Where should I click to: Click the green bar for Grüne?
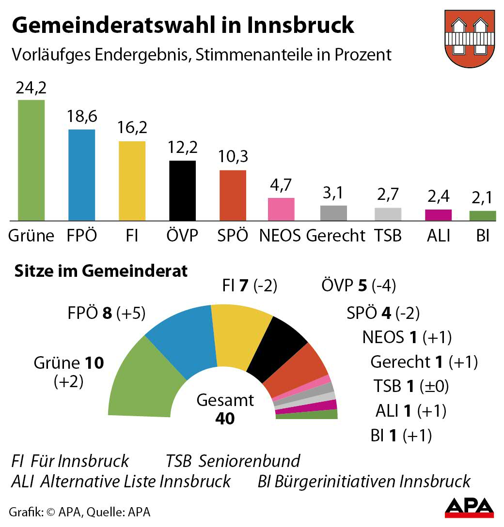click(x=31, y=160)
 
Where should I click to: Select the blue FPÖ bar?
click(x=81, y=175)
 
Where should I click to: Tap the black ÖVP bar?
click(x=182, y=190)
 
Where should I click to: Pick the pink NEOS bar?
click(x=281, y=209)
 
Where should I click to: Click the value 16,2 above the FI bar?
click(x=132, y=128)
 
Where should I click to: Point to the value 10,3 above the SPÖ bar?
click(x=233, y=157)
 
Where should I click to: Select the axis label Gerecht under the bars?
click(x=335, y=235)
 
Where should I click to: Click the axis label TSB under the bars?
click(x=388, y=235)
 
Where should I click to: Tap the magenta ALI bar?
click(x=438, y=215)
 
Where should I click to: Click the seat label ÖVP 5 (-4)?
click(x=359, y=286)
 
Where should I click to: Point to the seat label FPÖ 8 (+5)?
click(x=107, y=313)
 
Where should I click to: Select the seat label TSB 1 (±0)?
click(x=411, y=386)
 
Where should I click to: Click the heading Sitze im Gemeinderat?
click(x=101, y=271)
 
